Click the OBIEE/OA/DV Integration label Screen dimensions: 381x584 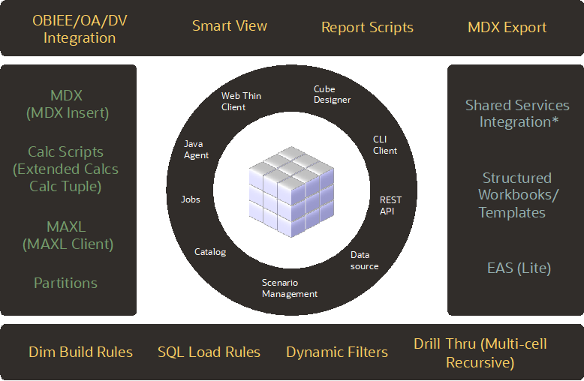(x=80, y=28)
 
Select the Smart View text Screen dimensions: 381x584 (x=230, y=25)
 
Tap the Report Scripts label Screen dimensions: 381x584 (x=367, y=27)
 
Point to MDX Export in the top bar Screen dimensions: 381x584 (x=507, y=28)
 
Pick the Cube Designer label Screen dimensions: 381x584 (x=332, y=94)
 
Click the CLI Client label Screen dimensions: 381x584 (x=385, y=145)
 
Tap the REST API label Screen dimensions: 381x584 (x=390, y=205)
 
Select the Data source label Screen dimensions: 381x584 (x=365, y=260)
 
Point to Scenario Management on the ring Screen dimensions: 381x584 (x=289, y=288)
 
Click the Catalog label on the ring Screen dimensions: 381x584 (x=210, y=252)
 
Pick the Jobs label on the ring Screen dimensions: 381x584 (x=191, y=199)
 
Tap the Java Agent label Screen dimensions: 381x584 (x=197, y=149)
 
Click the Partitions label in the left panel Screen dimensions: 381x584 (x=65, y=283)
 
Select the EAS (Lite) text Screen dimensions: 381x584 (x=519, y=268)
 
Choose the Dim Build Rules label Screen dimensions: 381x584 (x=80, y=352)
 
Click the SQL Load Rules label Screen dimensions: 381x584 (x=209, y=352)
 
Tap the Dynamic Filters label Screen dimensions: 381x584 (x=337, y=352)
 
